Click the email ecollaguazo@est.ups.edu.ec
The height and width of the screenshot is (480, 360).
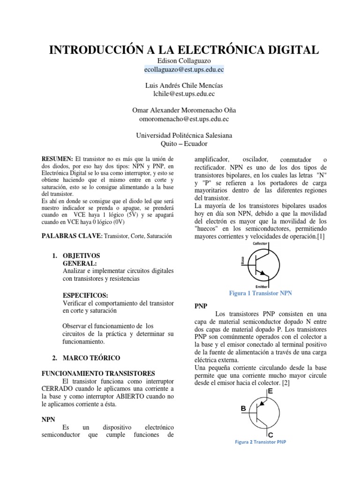click(x=184, y=69)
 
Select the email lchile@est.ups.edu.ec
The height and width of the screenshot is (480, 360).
click(x=184, y=94)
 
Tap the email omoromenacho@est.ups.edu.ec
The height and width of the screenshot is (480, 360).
click(x=184, y=119)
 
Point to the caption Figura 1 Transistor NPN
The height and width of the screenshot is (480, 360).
click(x=260, y=293)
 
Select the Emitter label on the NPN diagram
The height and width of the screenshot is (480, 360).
click(x=261, y=286)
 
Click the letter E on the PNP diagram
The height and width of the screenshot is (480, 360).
click(x=270, y=390)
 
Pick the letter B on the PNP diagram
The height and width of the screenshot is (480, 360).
click(x=243, y=408)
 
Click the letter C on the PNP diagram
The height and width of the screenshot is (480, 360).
click(x=270, y=435)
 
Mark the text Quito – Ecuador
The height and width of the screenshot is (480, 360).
click(x=184, y=143)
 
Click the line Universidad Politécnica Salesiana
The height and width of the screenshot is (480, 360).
click(x=184, y=135)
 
